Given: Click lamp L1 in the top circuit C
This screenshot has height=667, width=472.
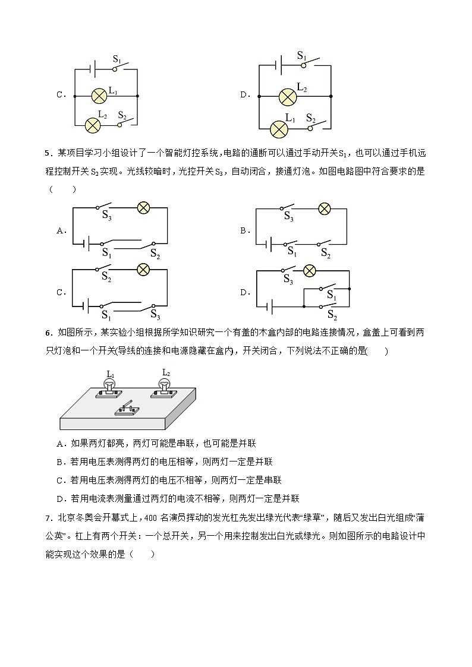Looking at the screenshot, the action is click(x=99, y=95).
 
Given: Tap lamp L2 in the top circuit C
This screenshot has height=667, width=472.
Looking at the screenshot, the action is click(x=93, y=125).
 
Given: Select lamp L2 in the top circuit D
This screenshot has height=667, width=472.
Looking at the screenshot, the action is click(x=288, y=95).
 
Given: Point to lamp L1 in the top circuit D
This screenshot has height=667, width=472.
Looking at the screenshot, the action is click(x=279, y=128).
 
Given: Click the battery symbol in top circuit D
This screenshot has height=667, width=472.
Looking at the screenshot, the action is click(x=278, y=65).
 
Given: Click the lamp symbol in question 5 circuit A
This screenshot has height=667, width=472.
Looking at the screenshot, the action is click(x=143, y=207).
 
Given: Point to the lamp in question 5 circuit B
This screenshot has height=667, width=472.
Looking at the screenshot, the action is click(x=324, y=208).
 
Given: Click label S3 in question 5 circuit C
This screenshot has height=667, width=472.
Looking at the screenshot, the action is click(x=155, y=315).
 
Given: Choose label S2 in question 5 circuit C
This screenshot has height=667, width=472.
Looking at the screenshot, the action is click(x=106, y=276).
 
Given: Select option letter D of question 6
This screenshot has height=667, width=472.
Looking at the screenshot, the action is click(x=59, y=498).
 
